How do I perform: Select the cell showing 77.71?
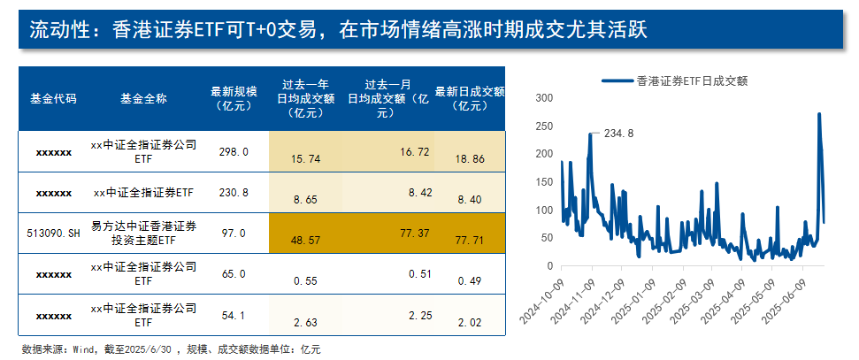469,240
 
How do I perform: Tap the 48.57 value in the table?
305,240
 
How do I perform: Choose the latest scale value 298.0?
234,151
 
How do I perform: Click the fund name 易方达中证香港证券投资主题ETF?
143,232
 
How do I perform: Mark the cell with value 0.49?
469,281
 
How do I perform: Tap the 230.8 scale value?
234,191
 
